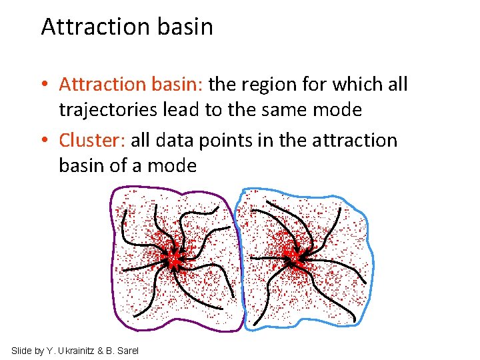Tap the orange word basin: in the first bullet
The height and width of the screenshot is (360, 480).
coord(175,85)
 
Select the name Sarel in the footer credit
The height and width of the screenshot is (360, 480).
coord(127,351)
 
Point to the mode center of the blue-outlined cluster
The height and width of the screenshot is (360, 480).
coord(292,256)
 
